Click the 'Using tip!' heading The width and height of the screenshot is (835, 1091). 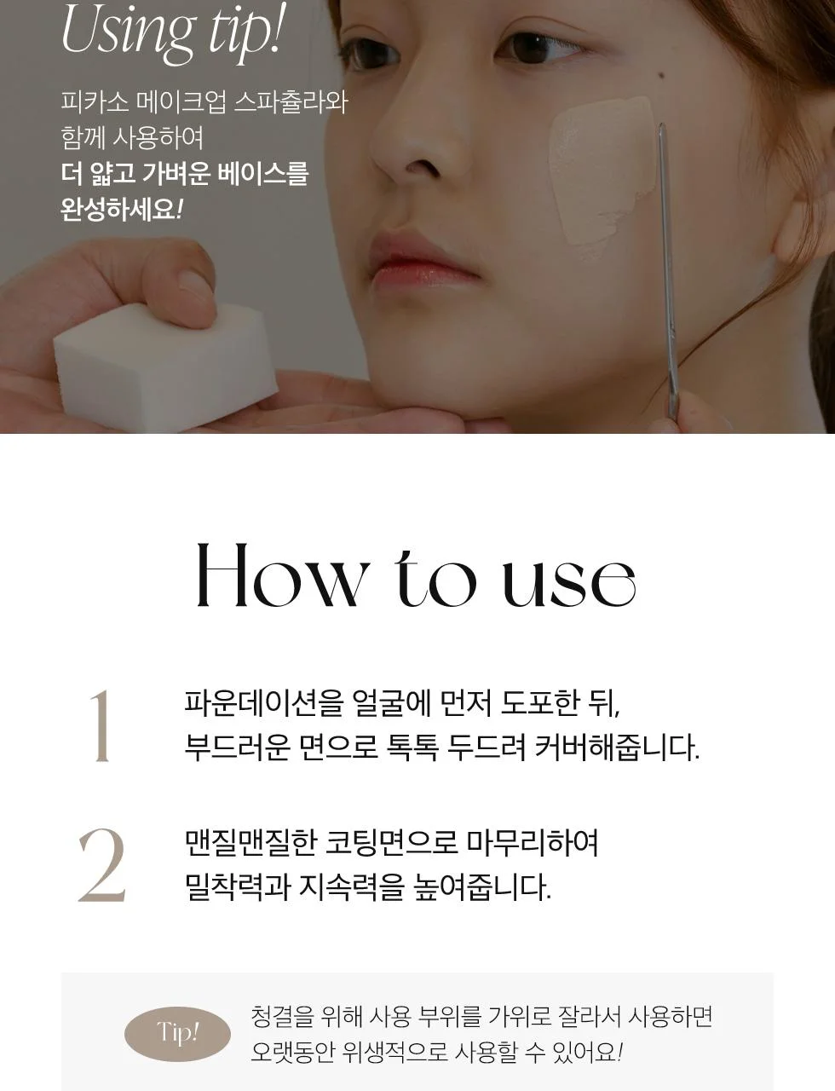click(x=170, y=32)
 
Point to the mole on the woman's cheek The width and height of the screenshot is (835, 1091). click(x=661, y=76)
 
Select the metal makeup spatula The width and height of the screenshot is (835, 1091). click(x=668, y=271)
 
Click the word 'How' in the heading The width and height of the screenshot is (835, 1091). click(x=279, y=574)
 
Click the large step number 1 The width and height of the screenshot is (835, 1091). click(x=101, y=726)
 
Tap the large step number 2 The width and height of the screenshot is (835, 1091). click(x=102, y=864)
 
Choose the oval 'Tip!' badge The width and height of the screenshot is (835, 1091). click(x=177, y=1034)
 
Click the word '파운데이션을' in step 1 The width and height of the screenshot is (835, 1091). click(x=264, y=703)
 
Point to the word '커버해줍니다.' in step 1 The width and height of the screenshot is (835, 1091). click(x=617, y=748)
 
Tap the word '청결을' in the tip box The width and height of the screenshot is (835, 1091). click(x=283, y=1017)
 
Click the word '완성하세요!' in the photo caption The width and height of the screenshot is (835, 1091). click(x=121, y=209)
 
